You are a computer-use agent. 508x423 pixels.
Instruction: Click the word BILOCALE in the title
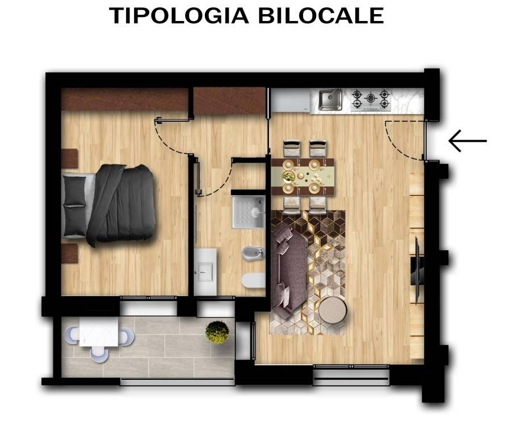pos(321,15)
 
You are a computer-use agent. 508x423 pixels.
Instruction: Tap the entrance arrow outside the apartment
pos(468,141)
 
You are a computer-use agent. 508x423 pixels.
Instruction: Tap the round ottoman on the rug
pos(333,310)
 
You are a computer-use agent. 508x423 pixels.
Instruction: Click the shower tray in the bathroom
pos(248,212)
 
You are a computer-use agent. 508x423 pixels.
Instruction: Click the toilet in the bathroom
pos(253,280)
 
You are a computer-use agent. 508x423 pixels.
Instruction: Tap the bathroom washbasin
pos(204,272)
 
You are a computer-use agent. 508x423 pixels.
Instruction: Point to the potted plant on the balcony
pos(217,332)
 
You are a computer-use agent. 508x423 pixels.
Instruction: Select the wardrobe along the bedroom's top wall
pos(125,100)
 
